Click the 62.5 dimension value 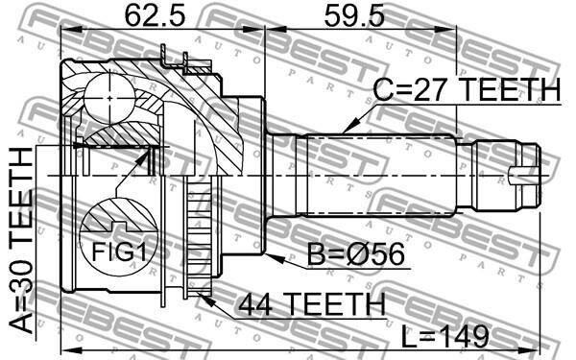(x=155, y=15)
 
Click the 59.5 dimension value (x=354, y=15)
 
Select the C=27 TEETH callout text (x=467, y=90)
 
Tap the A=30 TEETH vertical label (x=21, y=241)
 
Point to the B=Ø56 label (x=355, y=254)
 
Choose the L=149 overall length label (x=444, y=336)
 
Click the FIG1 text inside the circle (x=119, y=252)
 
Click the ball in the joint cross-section (x=109, y=98)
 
